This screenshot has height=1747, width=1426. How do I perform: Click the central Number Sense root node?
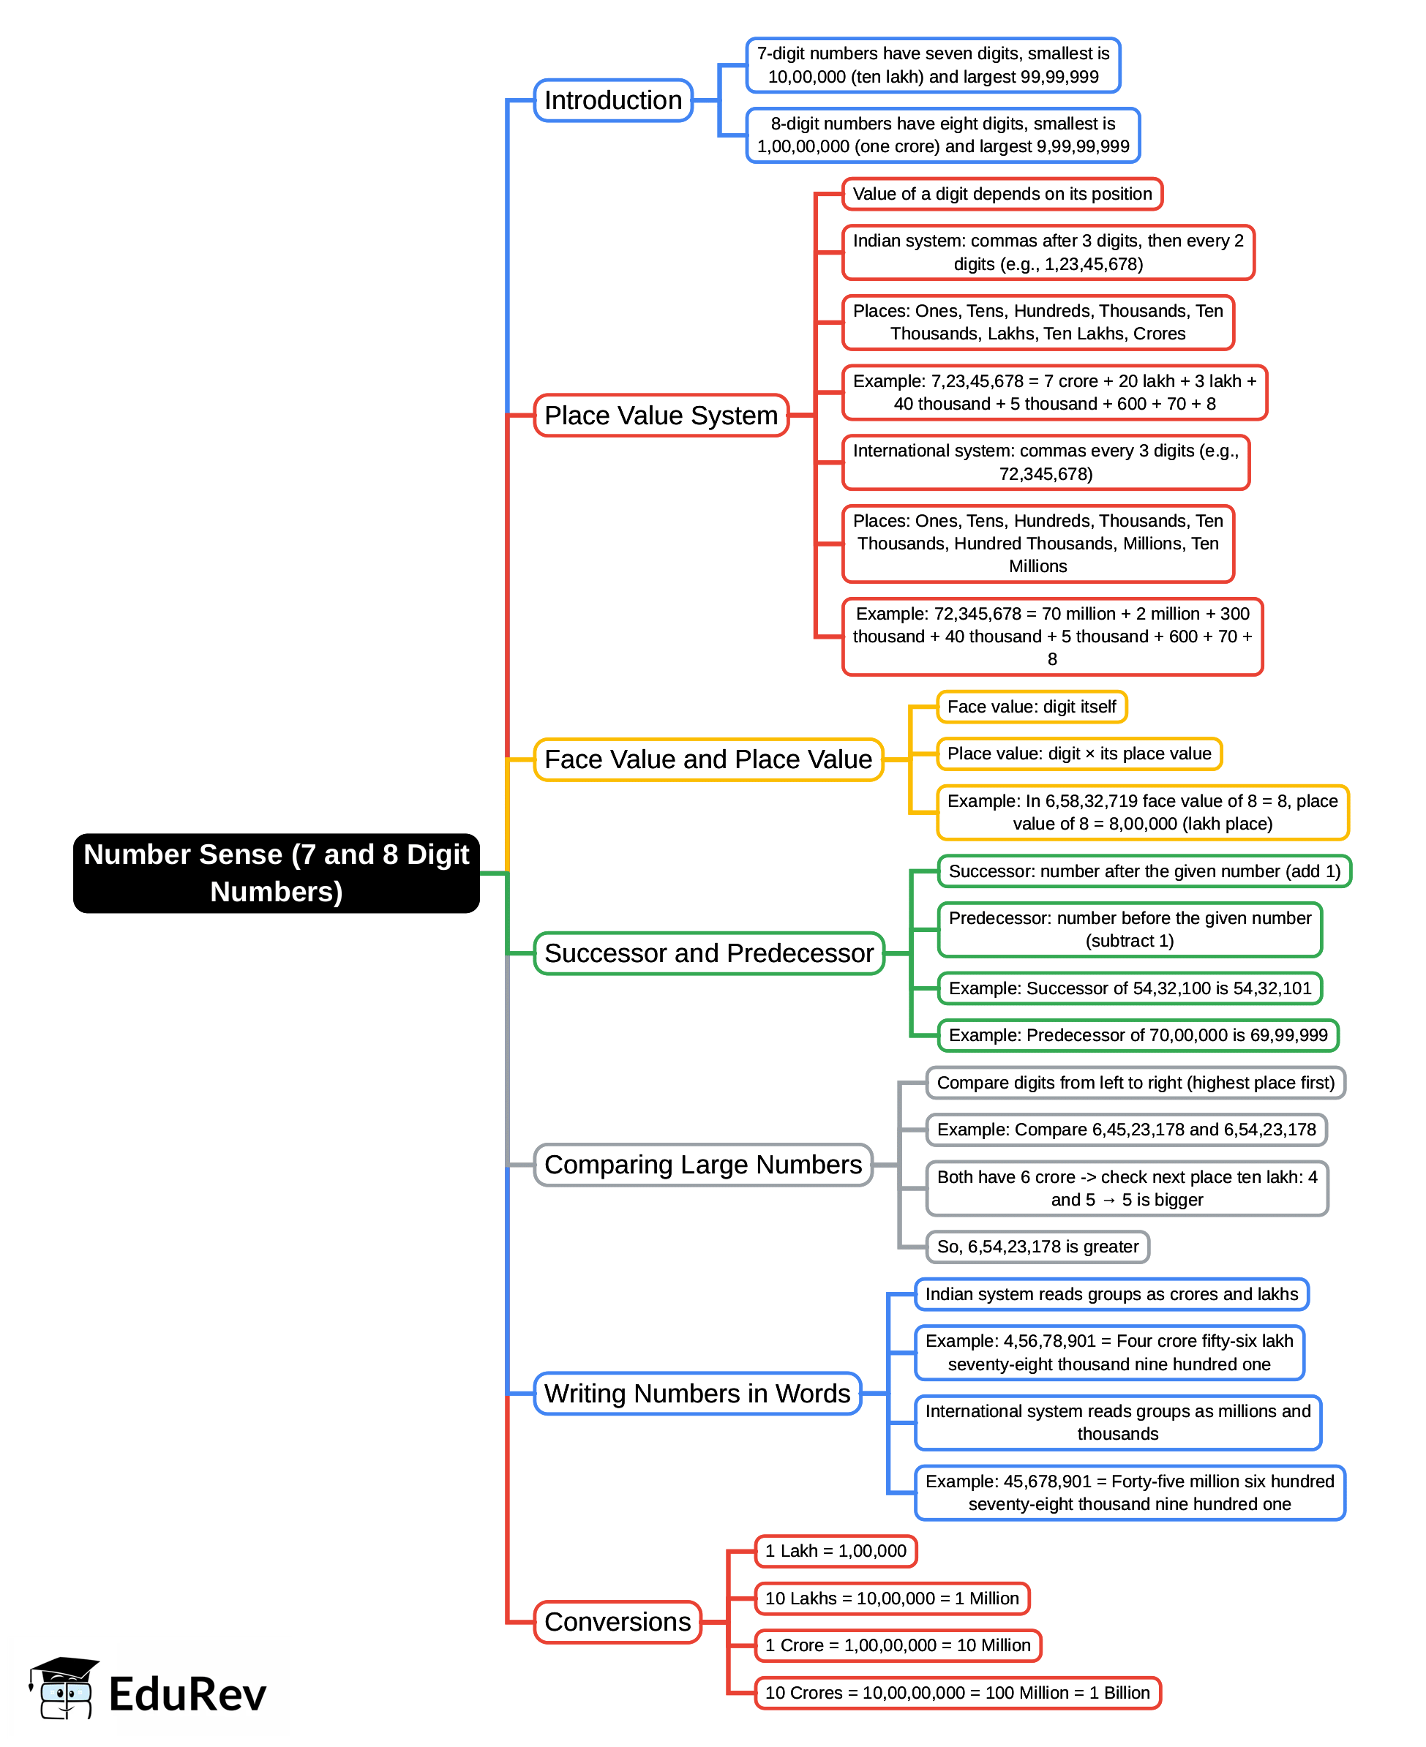(276, 873)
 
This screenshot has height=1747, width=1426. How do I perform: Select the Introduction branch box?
(613, 101)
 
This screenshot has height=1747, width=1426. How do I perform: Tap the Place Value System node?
(661, 416)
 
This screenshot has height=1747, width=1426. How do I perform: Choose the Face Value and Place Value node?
(708, 760)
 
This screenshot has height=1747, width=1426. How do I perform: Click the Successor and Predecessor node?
(709, 953)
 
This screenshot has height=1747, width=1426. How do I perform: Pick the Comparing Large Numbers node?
(703, 1165)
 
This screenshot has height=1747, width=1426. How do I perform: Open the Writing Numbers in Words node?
(697, 1394)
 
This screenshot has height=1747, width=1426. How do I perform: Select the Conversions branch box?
(618, 1622)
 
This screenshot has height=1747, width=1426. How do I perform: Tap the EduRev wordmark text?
(188, 1695)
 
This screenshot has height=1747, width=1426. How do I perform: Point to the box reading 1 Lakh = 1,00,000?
(836, 1552)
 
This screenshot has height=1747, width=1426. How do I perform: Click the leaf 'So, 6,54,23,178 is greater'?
(1037, 1247)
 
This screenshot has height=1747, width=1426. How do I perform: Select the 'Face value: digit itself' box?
(1031, 707)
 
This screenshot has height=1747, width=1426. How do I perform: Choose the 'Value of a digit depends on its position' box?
(1002, 194)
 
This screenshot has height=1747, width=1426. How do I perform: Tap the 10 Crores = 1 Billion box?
(957, 1693)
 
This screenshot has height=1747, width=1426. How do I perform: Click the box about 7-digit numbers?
(933, 66)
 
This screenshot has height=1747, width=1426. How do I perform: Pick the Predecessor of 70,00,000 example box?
(1138, 1036)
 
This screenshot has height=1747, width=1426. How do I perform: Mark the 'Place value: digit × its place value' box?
(1078, 754)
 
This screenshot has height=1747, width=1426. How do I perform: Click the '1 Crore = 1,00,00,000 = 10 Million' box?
(898, 1645)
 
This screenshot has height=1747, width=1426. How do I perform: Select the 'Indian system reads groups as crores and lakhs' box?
(1111, 1294)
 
